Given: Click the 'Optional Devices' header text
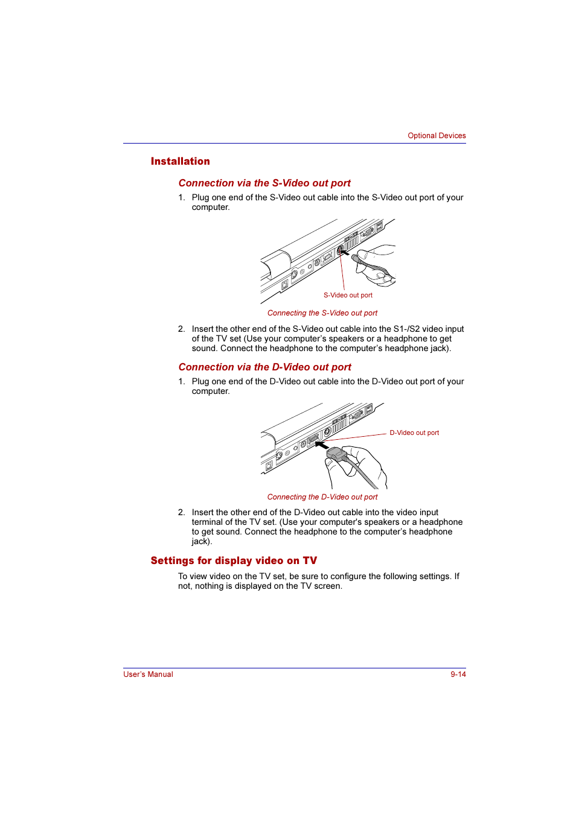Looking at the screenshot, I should [437, 136].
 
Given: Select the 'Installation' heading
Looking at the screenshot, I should [180, 162].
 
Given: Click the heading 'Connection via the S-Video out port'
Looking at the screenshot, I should [264, 183].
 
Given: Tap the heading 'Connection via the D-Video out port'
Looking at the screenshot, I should [264, 367].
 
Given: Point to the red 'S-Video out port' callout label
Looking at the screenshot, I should [348, 296].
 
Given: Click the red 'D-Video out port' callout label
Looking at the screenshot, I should [414, 433].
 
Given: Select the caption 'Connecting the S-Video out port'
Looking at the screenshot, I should [322, 313].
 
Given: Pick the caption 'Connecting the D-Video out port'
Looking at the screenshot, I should [322, 497].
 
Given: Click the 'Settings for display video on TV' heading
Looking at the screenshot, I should [234, 561].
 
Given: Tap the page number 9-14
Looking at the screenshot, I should [458, 674].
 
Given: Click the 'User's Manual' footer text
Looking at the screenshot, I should [148, 674].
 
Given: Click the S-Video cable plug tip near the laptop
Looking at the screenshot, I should [355, 258].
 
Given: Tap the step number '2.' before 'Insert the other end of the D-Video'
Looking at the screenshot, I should [181, 513].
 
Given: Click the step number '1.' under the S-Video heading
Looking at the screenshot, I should [181, 198].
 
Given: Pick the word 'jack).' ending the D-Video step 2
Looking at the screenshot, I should [202, 542].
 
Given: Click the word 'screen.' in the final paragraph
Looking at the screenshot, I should [328, 586].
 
